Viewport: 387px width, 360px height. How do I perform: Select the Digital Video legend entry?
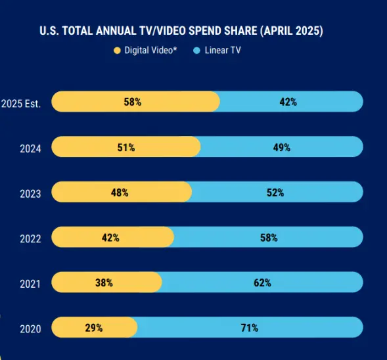click(x=150, y=50)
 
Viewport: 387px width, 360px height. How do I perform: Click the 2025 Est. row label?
click(x=21, y=103)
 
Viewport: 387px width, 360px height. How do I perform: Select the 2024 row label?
click(x=30, y=148)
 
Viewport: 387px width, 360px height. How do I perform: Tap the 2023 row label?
click(x=30, y=194)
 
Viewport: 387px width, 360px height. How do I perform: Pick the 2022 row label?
click(x=30, y=238)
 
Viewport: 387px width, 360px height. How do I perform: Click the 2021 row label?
click(x=30, y=284)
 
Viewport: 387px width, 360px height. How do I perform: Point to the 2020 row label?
click(x=30, y=328)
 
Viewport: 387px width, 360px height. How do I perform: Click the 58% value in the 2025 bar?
click(x=133, y=102)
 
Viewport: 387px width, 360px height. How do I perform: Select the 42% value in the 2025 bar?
click(x=288, y=102)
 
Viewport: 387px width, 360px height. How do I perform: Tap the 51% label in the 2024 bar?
click(x=126, y=147)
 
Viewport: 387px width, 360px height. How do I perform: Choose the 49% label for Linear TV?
click(x=282, y=147)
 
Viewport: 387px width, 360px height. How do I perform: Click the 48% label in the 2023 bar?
click(x=120, y=192)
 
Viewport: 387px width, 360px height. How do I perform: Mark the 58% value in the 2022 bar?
click(x=269, y=238)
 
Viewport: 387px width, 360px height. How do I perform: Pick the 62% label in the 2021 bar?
click(x=262, y=282)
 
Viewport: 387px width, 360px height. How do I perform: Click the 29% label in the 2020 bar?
click(x=94, y=328)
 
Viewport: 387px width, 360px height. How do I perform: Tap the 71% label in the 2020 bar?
click(x=249, y=328)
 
